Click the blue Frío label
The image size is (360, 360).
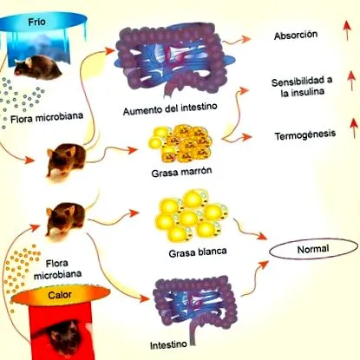coord(36,22)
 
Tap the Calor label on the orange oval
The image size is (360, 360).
coord(60,295)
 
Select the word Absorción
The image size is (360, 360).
coord(296,36)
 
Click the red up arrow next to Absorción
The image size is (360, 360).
coord(347,30)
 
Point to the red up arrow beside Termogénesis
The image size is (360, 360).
coord(354,128)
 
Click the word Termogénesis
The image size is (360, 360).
coord(305,135)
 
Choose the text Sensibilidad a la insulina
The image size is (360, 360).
coord(302,87)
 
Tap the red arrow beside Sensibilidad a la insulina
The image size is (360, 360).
coord(351,81)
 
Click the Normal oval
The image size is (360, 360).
coord(313,249)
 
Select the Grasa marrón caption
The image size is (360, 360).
coord(181,172)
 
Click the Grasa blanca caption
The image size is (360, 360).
coord(198,252)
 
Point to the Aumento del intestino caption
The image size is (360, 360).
coord(170,108)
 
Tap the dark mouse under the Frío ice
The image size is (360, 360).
coord(37,69)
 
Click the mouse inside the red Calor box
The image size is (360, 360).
coord(64,337)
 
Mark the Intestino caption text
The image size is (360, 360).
coord(168,345)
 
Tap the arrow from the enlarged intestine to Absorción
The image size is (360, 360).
coord(237,41)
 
